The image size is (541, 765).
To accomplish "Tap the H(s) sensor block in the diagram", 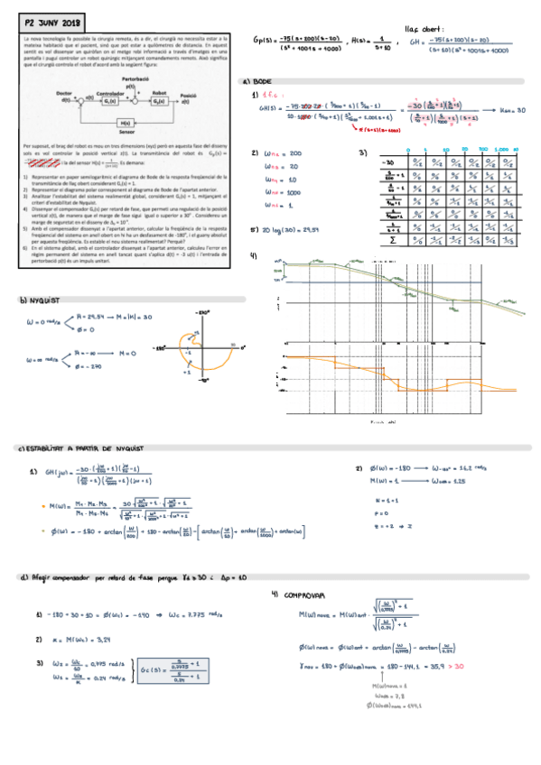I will [x=125, y=122].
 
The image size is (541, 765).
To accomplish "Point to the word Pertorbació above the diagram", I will [x=134, y=79].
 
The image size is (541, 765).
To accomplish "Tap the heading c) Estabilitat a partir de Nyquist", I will [x=81, y=448].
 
